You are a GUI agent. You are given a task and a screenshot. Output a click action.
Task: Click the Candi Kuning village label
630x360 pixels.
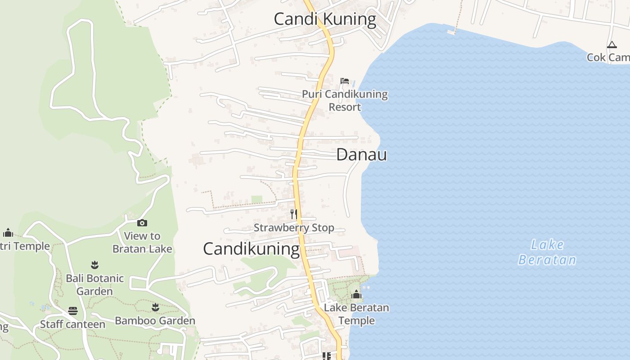(x=325, y=19)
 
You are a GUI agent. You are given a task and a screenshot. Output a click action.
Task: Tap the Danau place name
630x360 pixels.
(x=361, y=155)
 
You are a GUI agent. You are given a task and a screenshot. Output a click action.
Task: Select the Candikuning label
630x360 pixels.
(x=251, y=249)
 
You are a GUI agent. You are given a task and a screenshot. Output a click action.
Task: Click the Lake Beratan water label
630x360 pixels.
(x=547, y=252)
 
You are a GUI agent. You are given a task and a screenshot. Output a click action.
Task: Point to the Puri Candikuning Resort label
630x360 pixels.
(x=345, y=100)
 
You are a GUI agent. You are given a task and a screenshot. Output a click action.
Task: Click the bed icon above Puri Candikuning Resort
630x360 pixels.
(x=345, y=81)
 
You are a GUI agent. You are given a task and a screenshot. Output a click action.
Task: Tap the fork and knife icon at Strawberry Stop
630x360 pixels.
(x=294, y=214)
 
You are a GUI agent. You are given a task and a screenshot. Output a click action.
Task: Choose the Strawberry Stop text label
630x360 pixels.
(x=294, y=228)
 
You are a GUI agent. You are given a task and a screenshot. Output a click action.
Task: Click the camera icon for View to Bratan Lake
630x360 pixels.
(x=142, y=223)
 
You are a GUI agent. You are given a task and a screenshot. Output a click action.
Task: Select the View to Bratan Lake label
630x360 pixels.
(x=142, y=242)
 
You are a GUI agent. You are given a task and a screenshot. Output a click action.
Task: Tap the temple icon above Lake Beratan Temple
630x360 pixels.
(x=356, y=295)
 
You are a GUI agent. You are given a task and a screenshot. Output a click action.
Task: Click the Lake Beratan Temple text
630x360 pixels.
(x=356, y=314)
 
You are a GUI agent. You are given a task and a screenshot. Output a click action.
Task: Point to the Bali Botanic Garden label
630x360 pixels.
(x=94, y=284)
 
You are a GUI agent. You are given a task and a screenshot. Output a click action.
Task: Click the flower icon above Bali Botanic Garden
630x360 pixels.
(x=94, y=265)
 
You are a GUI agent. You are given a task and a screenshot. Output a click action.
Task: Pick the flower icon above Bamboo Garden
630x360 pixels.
(x=155, y=307)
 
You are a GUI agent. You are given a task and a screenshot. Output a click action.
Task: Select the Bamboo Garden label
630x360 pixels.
(x=155, y=321)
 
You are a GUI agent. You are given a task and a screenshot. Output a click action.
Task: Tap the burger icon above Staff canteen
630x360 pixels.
(x=73, y=311)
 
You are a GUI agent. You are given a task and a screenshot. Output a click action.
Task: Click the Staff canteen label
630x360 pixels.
(x=73, y=324)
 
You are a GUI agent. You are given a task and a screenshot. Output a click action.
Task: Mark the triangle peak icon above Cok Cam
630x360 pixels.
(x=612, y=45)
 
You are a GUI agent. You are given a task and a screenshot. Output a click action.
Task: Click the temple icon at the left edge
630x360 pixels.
(x=8, y=233)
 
